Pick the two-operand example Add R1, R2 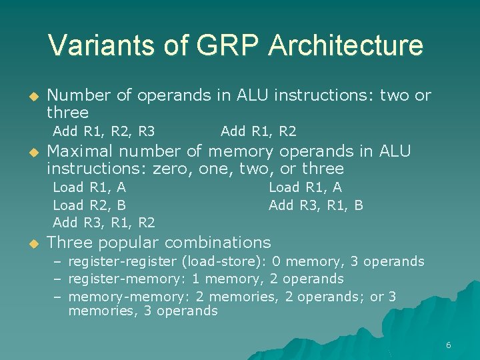tap(258, 131)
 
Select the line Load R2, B tap(89, 205)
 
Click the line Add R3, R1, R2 tap(103, 222)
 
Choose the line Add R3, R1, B tap(315, 205)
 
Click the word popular tap(128, 242)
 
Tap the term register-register tap(123, 261)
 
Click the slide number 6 tap(448, 345)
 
